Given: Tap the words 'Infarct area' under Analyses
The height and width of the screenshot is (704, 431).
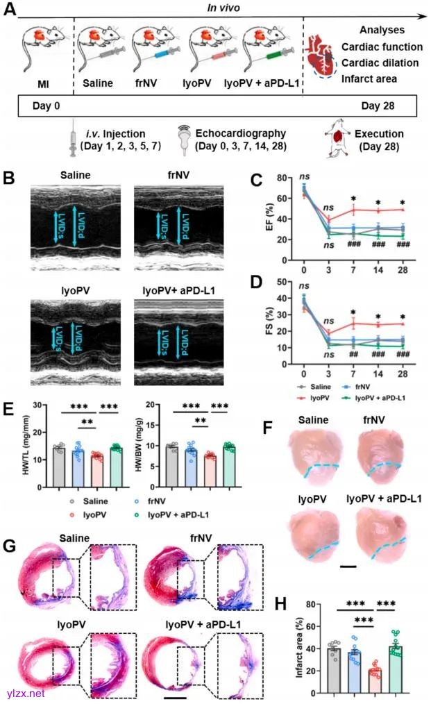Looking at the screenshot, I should (369, 78).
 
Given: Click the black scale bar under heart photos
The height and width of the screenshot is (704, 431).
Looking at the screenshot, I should (348, 567).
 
